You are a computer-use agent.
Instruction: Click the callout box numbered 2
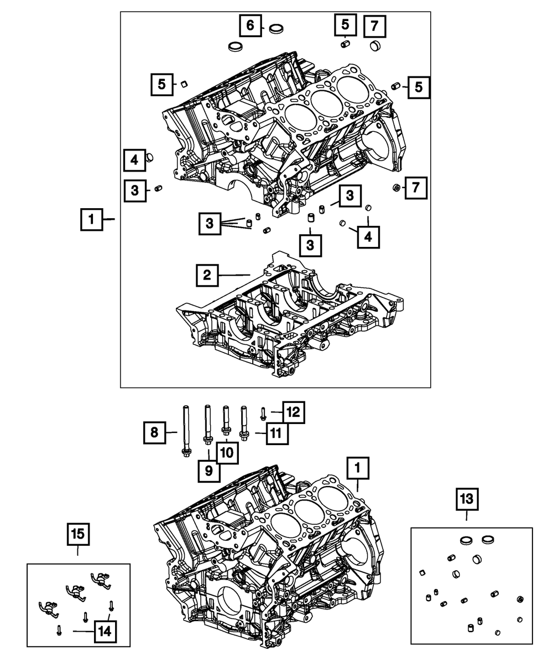coord(206,275)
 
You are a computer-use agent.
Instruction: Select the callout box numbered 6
coord(250,25)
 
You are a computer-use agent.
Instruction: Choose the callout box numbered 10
coord(226,453)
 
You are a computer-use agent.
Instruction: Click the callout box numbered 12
coord(294,412)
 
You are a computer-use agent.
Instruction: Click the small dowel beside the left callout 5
coord(181,84)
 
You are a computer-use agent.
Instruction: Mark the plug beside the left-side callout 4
coord(150,159)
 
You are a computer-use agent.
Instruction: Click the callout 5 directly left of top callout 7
coord(345,25)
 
